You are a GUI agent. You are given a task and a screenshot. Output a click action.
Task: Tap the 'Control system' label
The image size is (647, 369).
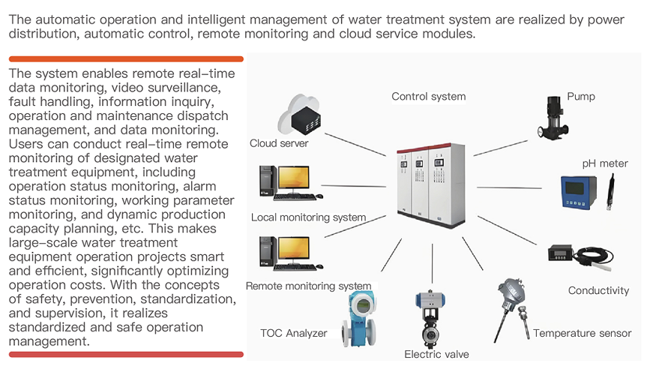tap(428, 96)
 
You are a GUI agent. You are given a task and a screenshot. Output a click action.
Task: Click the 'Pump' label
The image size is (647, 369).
tap(581, 96)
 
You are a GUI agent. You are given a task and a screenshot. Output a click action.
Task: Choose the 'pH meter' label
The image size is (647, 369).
tap(605, 163)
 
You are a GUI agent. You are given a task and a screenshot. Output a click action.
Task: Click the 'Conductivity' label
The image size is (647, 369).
tap(598, 290)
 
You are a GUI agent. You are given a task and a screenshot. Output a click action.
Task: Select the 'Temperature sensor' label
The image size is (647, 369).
tap(582, 333)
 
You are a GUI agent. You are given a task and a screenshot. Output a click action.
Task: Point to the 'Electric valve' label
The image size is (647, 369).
tap(437, 354)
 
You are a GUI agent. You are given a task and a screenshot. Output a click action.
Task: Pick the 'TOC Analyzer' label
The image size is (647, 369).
tap(293, 333)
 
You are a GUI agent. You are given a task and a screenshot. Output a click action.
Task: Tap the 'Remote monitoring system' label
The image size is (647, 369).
tap(308, 286)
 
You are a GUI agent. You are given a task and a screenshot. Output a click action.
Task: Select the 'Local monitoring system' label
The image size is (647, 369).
tap(308, 217)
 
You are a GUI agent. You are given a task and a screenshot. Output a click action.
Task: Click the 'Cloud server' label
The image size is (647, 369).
tap(279, 143)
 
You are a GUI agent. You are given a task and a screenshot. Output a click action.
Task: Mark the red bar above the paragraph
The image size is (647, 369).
tap(126, 58)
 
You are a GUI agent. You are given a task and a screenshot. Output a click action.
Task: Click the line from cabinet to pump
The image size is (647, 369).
tap(500, 144)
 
